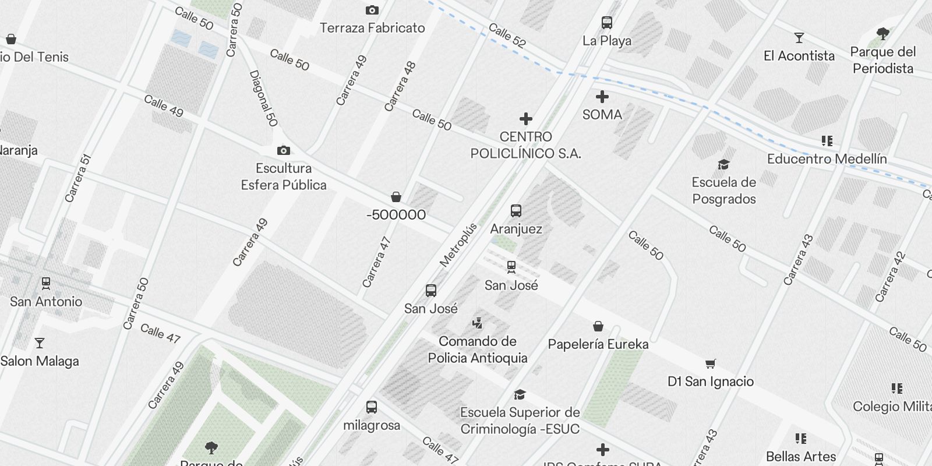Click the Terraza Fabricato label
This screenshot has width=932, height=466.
click(372, 28)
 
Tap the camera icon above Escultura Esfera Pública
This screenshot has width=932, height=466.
click(284, 150)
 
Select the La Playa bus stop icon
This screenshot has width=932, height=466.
click(607, 23)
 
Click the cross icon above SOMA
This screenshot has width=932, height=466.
click(602, 97)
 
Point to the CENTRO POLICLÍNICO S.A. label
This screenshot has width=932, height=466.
click(525, 145)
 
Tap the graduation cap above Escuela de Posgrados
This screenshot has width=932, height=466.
click(723, 164)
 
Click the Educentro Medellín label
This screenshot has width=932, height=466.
click(827, 159)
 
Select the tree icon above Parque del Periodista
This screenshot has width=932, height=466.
click(882, 34)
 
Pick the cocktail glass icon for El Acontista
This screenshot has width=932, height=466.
click(799, 38)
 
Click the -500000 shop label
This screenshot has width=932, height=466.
click(396, 215)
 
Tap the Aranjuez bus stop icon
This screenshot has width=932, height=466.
click(516, 211)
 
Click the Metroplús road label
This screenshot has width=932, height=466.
click(458, 245)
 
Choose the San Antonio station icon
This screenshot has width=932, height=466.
click(45, 284)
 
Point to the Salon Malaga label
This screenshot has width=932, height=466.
click(40, 361)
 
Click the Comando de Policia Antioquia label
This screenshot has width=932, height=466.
click(478, 349)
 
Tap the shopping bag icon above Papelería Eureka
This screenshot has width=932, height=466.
click(598, 326)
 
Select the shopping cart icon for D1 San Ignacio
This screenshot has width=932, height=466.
click(710, 364)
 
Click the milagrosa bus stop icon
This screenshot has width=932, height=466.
click(371, 407)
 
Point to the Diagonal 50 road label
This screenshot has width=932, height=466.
click(263, 98)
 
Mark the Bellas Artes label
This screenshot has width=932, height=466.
click(801, 457)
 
